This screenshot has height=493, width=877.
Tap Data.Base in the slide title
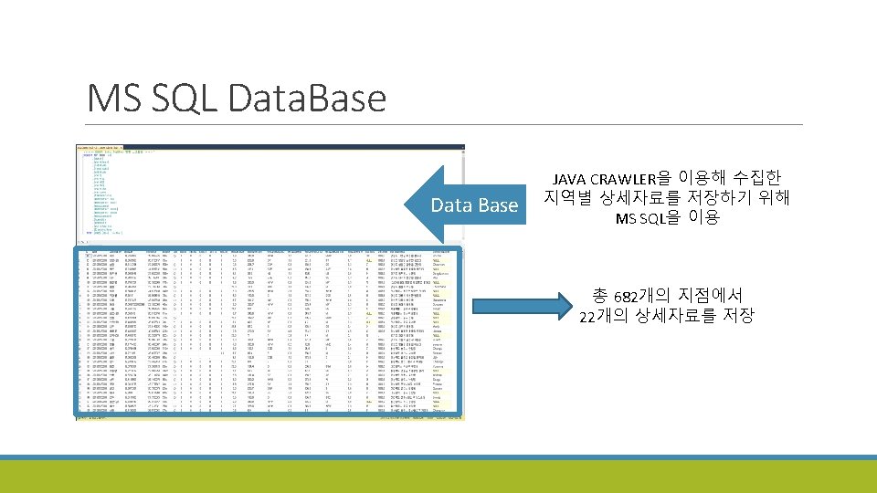point(312,97)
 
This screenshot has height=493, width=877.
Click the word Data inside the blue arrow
point(451,205)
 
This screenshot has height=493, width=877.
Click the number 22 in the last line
point(588,317)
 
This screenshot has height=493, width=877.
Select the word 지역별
point(567,197)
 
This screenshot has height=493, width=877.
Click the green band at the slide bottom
point(438,477)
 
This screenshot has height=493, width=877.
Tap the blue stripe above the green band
point(438,457)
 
